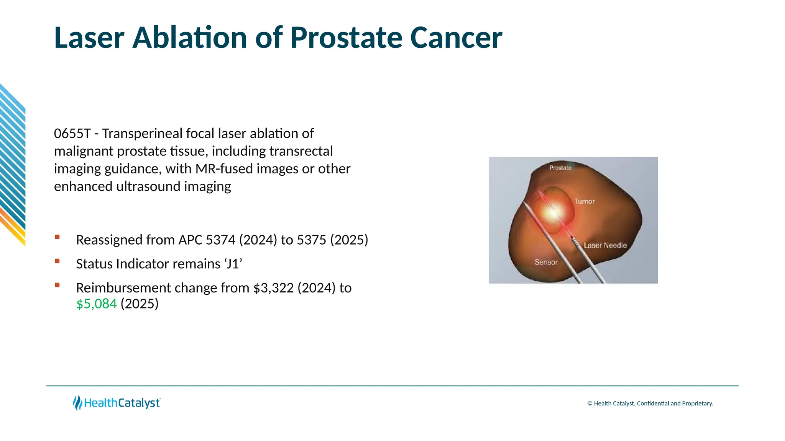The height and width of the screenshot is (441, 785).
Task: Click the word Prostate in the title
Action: tap(346, 38)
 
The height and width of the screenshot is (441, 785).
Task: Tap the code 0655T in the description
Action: tap(72, 134)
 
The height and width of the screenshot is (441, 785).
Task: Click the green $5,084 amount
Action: tap(96, 304)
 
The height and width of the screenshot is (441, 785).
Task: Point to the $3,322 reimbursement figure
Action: tap(273, 288)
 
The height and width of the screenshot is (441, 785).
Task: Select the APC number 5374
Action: tap(220, 240)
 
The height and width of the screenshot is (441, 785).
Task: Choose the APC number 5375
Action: tap(312, 240)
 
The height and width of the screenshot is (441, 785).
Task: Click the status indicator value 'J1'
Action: tap(233, 264)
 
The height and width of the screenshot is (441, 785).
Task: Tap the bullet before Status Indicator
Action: tap(57, 261)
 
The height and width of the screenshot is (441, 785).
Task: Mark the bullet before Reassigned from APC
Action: tap(57, 237)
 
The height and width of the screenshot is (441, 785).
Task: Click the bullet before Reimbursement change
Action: tap(57, 285)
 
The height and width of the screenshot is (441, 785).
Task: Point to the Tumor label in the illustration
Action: tap(584, 201)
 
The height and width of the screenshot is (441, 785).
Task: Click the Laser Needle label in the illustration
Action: tap(605, 245)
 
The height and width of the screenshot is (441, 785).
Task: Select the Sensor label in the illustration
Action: tap(546, 262)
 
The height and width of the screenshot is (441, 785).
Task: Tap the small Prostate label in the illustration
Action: tap(560, 168)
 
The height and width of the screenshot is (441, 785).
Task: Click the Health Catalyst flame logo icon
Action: tap(77, 403)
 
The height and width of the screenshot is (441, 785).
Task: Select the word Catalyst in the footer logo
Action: tap(138, 403)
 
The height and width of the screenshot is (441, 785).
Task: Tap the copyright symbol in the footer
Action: tap(590, 403)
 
